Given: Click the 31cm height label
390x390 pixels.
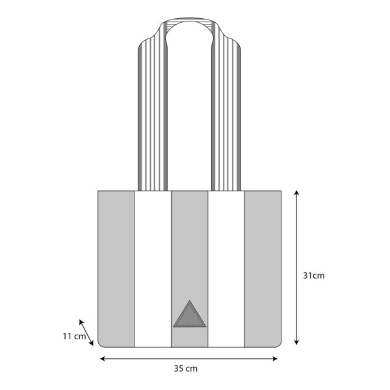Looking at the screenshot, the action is (x=314, y=276).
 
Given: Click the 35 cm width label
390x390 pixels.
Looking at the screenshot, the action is (x=185, y=369).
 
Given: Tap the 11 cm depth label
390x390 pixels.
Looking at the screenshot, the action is (x=74, y=336).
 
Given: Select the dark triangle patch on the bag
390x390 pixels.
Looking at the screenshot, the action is (x=190, y=315).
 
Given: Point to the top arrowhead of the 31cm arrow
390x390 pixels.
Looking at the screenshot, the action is (x=296, y=192).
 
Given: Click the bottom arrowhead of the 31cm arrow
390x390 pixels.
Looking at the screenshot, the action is (x=296, y=343).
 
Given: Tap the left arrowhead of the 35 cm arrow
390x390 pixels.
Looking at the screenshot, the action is (x=102, y=359).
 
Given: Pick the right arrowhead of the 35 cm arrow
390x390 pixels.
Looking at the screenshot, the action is (x=274, y=359).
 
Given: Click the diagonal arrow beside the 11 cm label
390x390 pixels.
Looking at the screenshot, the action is (x=86, y=333).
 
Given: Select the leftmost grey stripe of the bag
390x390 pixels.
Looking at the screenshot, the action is (x=116, y=269).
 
